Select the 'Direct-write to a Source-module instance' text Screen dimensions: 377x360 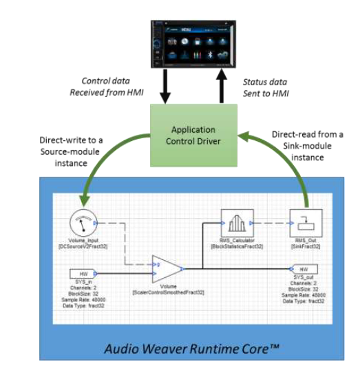67,150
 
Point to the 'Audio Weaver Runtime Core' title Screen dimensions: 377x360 191,347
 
